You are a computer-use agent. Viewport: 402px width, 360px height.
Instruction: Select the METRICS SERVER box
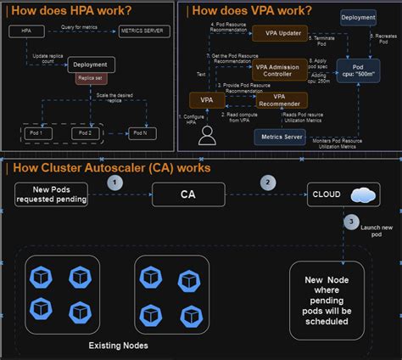[x=143, y=31]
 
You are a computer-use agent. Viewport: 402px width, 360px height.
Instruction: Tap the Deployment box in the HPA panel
[x=90, y=64]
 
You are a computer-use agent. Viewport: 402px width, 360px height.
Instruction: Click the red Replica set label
[x=90, y=78]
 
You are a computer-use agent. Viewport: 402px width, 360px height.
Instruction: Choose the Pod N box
[x=142, y=133]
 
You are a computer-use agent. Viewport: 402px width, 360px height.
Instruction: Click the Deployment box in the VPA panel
[x=359, y=17]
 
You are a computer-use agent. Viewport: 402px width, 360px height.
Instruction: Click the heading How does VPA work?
[x=251, y=10]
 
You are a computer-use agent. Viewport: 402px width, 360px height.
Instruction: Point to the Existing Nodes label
[x=120, y=346]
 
